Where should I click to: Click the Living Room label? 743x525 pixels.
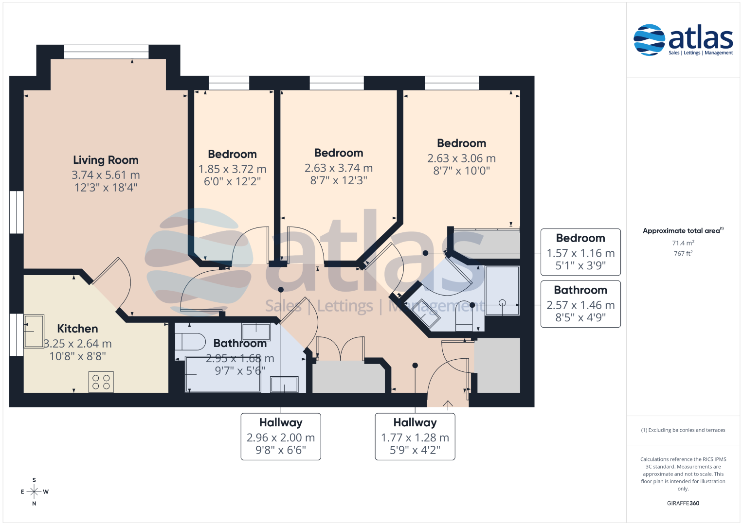(106, 160)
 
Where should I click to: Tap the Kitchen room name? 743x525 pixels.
(77, 329)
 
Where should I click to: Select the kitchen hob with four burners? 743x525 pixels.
(101, 382)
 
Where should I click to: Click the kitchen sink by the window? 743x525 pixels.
(34, 331)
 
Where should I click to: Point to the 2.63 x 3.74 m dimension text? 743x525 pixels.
(339, 168)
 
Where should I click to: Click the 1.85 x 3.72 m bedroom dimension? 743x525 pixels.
(232, 169)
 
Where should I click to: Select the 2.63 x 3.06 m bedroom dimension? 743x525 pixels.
(461, 158)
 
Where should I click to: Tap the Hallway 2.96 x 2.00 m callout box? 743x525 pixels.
(281, 437)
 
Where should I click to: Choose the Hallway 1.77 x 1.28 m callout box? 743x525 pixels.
(415, 437)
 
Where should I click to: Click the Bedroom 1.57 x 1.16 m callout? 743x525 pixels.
(580, 252)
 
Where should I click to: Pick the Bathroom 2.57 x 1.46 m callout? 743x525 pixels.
(580, 304)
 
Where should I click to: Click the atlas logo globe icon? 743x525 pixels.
(649, 40)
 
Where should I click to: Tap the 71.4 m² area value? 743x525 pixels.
(683, 243)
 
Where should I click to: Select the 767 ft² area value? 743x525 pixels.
(683, 254)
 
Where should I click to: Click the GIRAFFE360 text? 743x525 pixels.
(683, 503)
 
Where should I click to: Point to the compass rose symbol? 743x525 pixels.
(34, 491)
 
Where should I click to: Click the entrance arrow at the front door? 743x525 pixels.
(448, 405)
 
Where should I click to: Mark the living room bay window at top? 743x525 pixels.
(106, 52)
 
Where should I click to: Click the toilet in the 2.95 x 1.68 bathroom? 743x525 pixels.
(190, 342)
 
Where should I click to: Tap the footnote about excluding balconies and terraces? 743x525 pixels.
(683, 430)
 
